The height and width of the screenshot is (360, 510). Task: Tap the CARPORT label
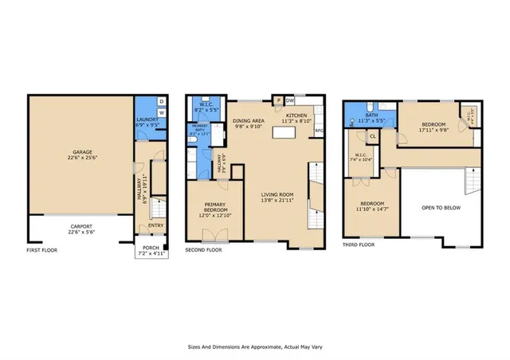(x=80, y=229)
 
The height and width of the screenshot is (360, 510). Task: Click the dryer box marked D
(x=162, y=101)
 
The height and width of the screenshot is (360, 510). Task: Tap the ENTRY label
(x=156, y=225)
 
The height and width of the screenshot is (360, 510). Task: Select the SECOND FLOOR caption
(x=205, y=250)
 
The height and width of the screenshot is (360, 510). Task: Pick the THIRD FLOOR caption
(x=359, y=245)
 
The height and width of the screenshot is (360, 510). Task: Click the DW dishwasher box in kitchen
(x=289, y=101)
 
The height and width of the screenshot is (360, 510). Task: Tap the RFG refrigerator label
(x=319, y=131)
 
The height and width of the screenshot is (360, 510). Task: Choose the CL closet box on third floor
(x=372, y=136)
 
